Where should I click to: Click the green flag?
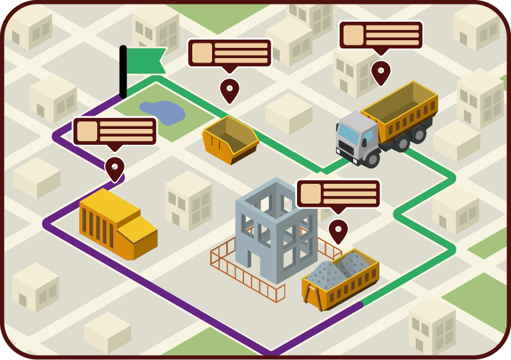pos(146,61)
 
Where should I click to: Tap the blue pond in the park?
pos(164,112)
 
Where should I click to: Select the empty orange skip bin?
pos(230,139)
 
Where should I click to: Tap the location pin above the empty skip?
pos(229,90)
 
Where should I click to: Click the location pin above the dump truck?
pos(381,72)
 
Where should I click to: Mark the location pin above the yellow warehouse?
pos(114,169)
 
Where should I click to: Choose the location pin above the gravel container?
pos(338,230)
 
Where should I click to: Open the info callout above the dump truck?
pos(381,35)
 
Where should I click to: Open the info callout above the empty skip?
pos(229,53)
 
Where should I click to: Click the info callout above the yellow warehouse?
pos(115,131)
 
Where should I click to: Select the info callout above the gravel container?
pos(338,193)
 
